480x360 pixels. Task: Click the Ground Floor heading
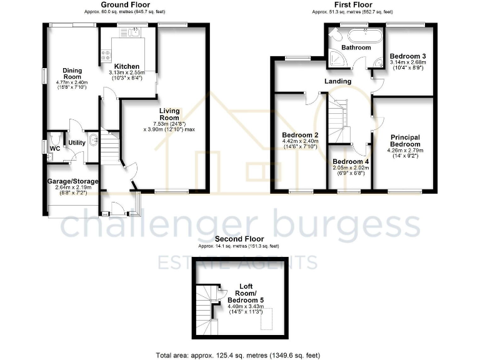[125, 4]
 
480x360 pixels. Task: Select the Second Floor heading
[239, 239]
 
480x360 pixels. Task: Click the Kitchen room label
[126, 66]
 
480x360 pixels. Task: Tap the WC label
[55, 148]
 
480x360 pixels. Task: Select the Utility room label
[77, 143]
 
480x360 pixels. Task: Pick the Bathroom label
[356, 47]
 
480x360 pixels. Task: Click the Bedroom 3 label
[407, 56]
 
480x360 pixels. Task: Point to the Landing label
[337, 81]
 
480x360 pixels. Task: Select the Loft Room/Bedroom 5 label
[245, 292]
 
